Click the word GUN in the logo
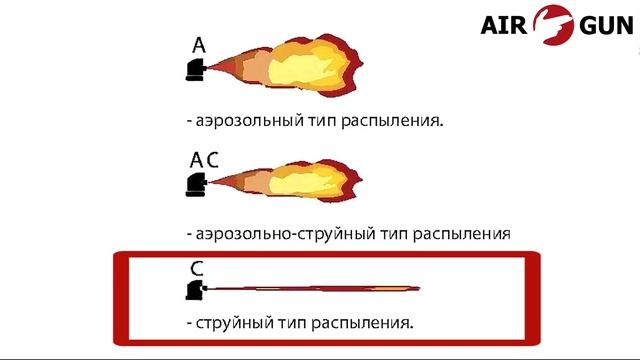(604, 25)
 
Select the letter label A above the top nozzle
(199, 45)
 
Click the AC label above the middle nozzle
(204, 160)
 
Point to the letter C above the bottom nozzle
(197, 269)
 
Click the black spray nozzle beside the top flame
(196, 69)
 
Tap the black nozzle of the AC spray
(196, 184)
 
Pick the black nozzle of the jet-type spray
(194, 290)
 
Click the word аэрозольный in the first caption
(248, 120)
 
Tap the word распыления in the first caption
(393, 120)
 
